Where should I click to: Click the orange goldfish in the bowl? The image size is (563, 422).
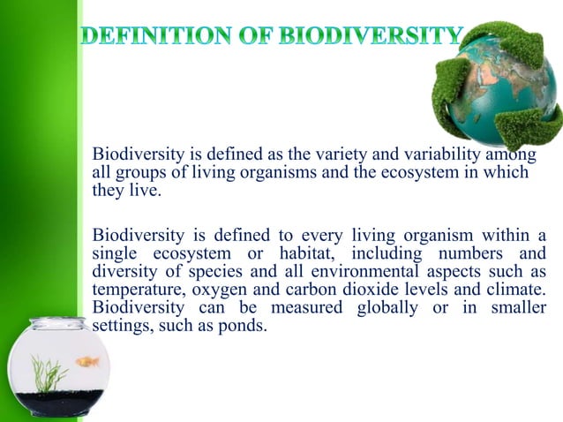point(86,361)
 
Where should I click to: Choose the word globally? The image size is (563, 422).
point(394,307)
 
